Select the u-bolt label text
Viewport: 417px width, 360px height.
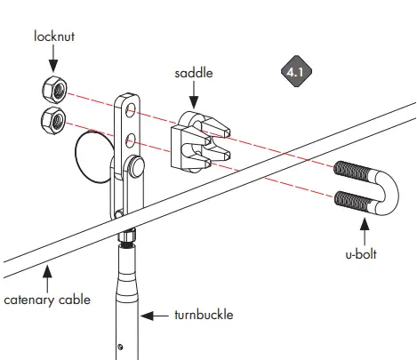tap(359, 254)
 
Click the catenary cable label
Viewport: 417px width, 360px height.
tap(45, 300)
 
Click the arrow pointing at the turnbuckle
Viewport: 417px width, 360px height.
tap(157, 315)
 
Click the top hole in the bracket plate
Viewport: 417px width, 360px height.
tap(131, 110)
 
